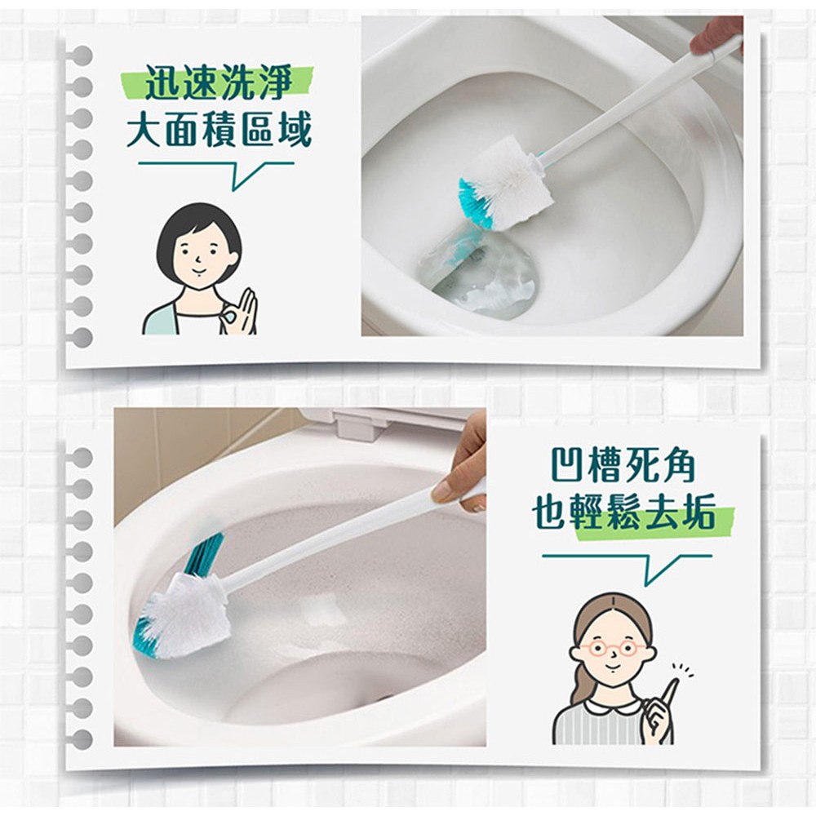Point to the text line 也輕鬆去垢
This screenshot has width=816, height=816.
click(x=623, y=512)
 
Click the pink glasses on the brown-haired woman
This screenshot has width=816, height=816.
click(x=614, y=650)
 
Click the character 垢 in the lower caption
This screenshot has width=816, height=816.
click(x=697, y=512)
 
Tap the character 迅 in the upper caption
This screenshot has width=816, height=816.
click(x=162, y=82)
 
